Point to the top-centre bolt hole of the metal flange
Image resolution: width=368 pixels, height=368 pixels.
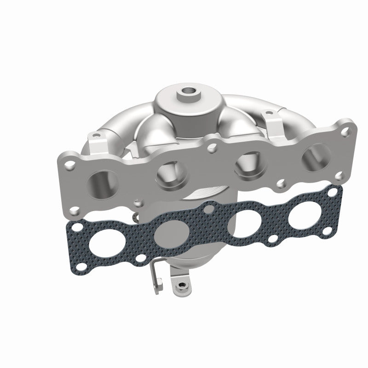pos(213,147)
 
